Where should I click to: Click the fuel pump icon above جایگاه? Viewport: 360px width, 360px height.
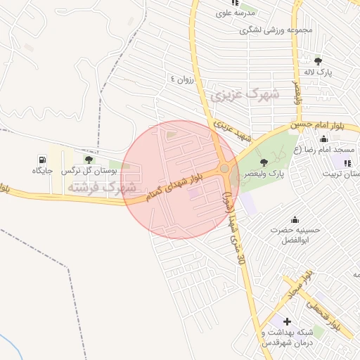43,159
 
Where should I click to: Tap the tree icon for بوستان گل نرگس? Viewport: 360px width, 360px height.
88,160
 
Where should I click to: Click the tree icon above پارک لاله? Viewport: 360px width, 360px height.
319,60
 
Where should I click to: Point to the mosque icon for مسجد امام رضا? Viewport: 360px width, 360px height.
323,139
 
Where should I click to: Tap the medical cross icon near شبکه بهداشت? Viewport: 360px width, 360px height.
287,321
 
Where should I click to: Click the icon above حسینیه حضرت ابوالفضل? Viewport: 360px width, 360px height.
294,219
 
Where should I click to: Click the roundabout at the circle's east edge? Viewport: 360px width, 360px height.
224,168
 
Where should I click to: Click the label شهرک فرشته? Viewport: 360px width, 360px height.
104,188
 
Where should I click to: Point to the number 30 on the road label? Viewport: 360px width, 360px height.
241,260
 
